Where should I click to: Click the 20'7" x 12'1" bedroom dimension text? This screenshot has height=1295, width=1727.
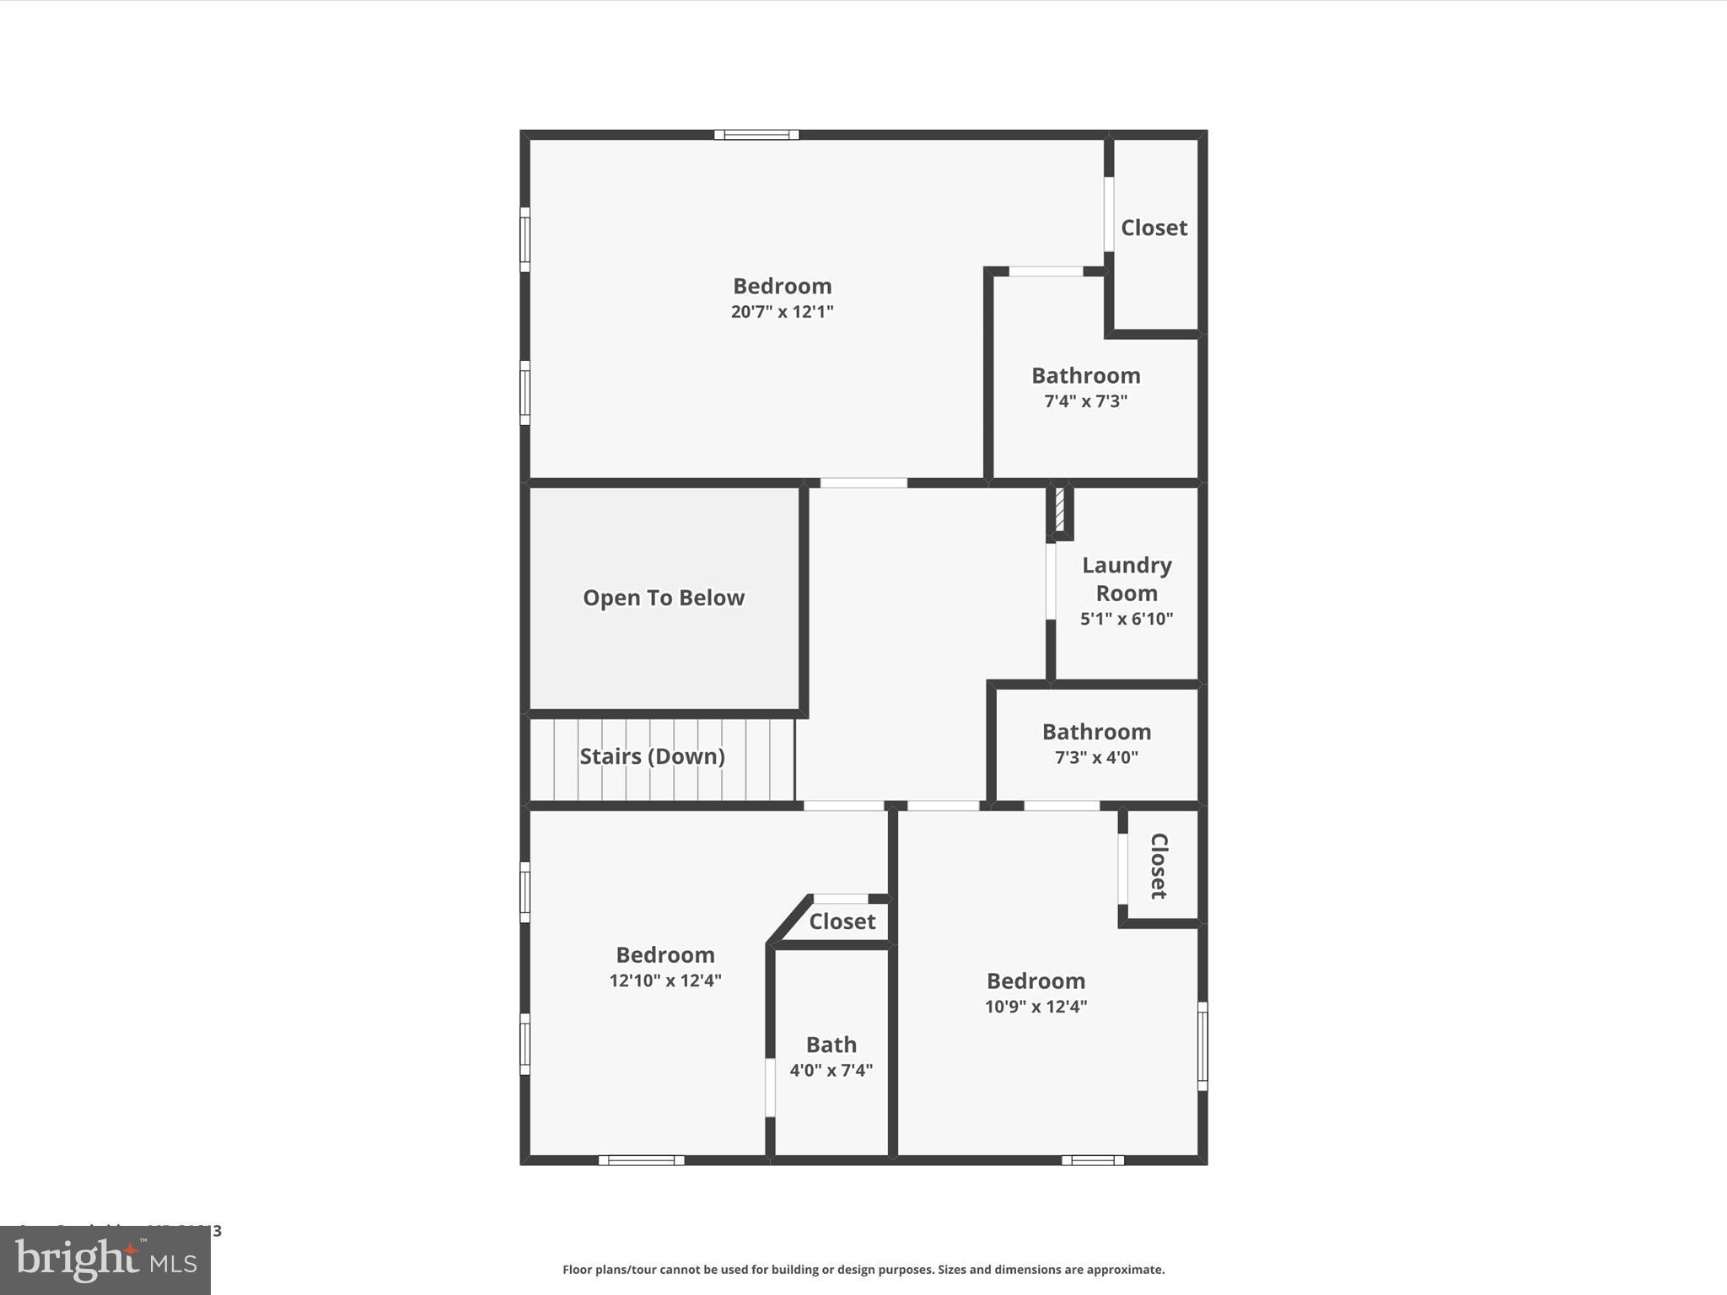click(782, 312)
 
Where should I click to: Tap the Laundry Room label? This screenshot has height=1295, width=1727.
click(1127, 579)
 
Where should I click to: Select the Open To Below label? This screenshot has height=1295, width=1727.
click(664, 598)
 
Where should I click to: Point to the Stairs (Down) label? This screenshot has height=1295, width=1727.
click(652, 756)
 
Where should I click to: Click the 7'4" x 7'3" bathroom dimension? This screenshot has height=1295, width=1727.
click(1085, 401)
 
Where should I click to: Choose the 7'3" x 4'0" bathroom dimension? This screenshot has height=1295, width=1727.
click(1096, 758)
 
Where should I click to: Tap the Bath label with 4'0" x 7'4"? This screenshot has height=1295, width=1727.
click(831, 1045)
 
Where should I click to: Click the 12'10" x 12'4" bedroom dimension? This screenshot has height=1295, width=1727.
click(665, 981)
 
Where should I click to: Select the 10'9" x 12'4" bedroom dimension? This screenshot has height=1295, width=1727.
click(1036, 1007)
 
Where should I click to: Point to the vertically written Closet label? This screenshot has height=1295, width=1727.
click(1159, 866)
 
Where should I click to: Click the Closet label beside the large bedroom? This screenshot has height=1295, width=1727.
click(1154, 228)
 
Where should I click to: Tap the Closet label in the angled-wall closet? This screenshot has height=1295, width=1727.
click(842, 922)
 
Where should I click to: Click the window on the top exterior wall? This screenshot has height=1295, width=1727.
click(756, 135)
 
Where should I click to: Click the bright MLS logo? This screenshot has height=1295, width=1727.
click(105, 1260)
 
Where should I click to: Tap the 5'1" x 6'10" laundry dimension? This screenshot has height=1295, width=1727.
click(1127, 619)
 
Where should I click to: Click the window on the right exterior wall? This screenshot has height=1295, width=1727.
click(1202, 1046)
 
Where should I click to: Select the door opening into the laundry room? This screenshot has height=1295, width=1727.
click(1051, 582)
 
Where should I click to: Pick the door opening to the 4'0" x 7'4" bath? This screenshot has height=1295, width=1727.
click(770, 1088)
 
